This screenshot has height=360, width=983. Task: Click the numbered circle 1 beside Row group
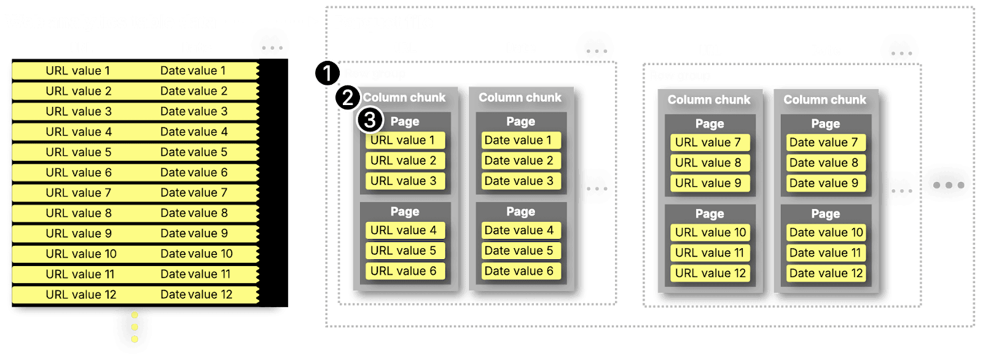(327, 74)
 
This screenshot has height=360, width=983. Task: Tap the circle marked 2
(348, 98)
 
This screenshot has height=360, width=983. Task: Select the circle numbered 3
(370, 120)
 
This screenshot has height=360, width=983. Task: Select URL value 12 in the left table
(80, 295)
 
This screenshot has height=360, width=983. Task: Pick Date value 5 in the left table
(194, 152)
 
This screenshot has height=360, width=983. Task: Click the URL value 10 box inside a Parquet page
(710, 233)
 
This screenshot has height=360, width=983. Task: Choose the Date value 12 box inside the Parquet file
(826, 273)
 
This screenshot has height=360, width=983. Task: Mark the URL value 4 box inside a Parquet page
(404, 230)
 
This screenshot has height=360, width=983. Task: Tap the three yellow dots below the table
(135, 327)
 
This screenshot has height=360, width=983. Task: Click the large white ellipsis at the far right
(948, 185)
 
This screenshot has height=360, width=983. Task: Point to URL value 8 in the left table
(78, 213)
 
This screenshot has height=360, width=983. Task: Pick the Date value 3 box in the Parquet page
(519, 181)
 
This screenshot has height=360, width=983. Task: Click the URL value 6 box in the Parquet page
(404, 271)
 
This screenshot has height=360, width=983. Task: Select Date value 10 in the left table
(196, 254)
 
